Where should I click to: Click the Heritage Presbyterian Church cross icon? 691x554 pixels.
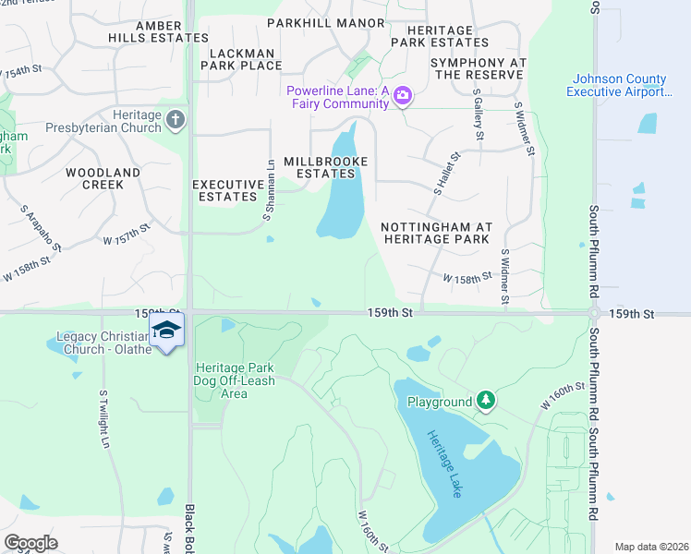pyautogui.click(x=176, y=119)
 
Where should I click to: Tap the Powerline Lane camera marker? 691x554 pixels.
pyautogui.click(x=402, y=96)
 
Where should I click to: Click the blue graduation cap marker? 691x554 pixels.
pyautogui.click(x=166, y=331)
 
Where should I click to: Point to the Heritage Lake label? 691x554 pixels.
pyautogui.click(x=443, y=464)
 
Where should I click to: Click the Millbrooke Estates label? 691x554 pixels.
pyautogui.click(x=325, y=168)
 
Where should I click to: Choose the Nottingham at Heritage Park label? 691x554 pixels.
pyautogui.click(x=436, y=233)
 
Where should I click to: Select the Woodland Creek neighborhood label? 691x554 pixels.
pyautogui.click(x=103, y=178)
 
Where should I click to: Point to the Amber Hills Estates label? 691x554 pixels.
pyautogui.click(x=171, y=31)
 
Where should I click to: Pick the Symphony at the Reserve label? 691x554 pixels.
pyautogui.click(x=478, y=68)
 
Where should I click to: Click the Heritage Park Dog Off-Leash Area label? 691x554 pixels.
pyautogui.click(x=234, y=380)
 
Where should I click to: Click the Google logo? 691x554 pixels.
pyautogui.click(x=30, y=542)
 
